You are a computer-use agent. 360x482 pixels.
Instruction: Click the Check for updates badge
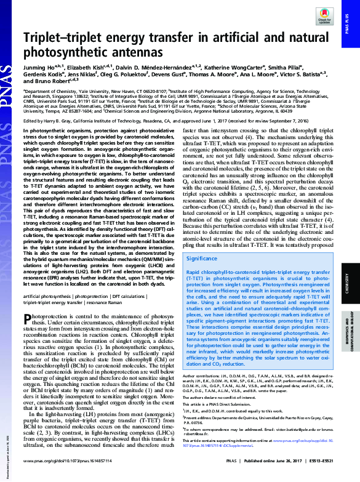pyautogui.click(x=326, y=20)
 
